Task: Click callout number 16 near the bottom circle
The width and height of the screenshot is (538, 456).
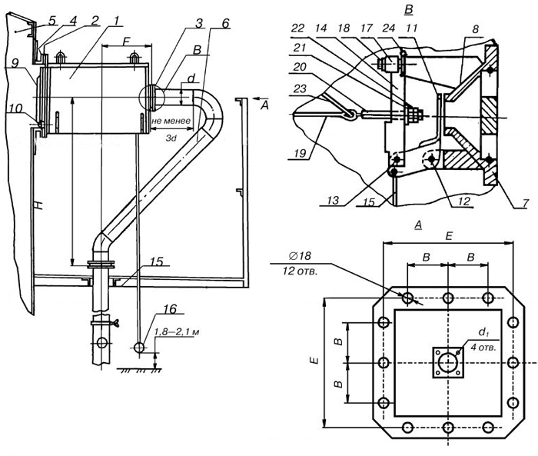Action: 168,309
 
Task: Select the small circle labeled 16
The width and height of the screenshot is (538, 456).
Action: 140,347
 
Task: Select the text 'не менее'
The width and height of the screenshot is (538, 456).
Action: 168,121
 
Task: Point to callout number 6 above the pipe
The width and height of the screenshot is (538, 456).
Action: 224,24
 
